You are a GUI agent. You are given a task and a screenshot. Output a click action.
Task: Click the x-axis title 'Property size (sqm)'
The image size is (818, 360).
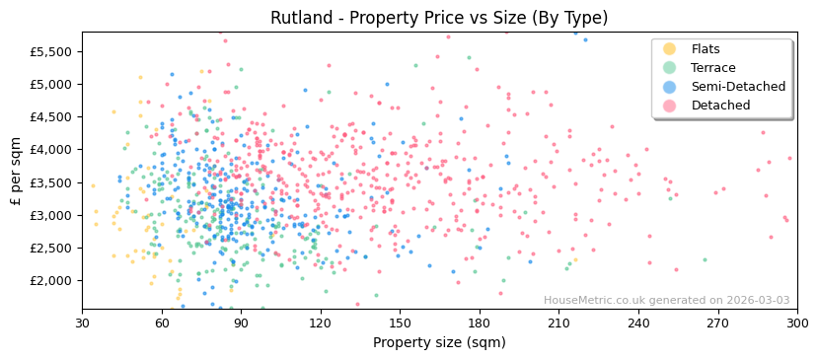click(x=439, y=343)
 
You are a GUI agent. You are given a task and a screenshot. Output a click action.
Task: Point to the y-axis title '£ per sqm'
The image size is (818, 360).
click(x=16, y=172)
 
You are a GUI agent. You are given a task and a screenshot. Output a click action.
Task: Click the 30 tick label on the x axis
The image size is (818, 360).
click(x=82, y=324)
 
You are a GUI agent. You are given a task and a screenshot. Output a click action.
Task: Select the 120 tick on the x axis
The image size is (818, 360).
click(x=321, y=324)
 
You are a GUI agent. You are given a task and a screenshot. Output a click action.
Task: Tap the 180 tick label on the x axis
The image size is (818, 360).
click(x=480, y=324)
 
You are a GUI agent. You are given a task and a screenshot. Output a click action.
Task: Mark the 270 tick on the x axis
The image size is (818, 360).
click(x=717, y=324)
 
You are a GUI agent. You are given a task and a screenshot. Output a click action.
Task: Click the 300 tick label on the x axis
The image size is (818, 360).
click(x=797, y=324)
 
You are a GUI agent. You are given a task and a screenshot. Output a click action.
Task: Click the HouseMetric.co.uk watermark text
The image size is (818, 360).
click(x=666, y=301)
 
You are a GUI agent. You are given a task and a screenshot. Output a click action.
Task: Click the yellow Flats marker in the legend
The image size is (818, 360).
click(x=670, y=49)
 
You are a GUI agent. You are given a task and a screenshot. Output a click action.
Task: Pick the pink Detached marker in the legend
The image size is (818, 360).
click(x=670, y=106)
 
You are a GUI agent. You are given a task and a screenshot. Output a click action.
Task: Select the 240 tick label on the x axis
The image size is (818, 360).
click(x=638, y=324)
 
